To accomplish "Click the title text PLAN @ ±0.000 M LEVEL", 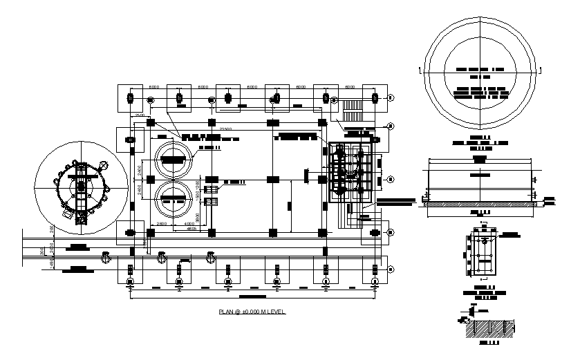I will [252, 312].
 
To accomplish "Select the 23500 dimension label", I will [225, 129].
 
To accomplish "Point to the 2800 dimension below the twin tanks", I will [160, 225].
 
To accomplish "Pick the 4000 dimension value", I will [189, 225].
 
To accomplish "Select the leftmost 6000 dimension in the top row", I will [155, 87].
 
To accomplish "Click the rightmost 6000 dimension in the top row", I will [350, 87].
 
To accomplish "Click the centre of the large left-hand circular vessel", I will [81, 185].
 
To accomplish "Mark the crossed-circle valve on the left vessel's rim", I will [104, 165].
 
